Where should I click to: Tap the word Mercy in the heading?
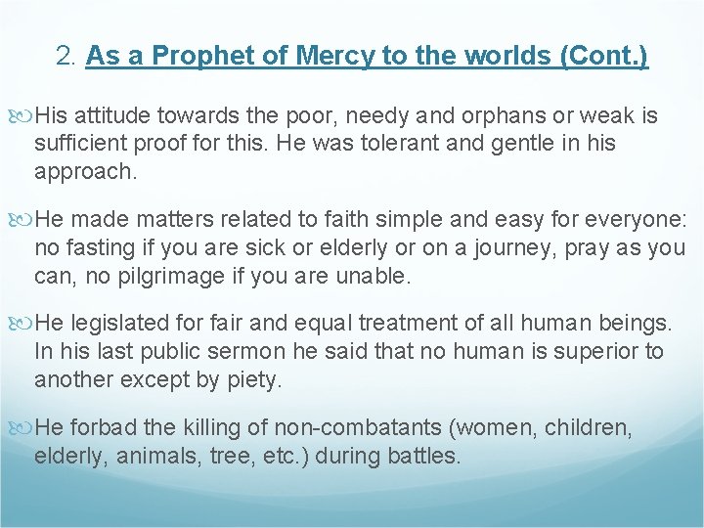[296, 56]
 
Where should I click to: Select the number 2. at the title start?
[67, 56]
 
